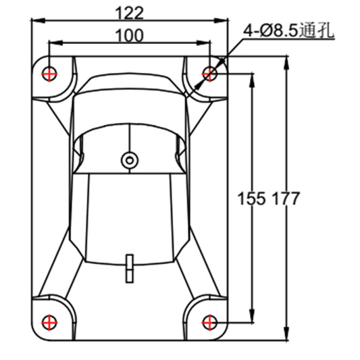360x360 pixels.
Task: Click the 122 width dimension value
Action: click(130, 14)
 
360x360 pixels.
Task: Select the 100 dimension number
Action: click(130, 36)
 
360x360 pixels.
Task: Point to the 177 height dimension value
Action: click(286, 199)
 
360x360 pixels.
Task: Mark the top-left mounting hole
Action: click(49, 74)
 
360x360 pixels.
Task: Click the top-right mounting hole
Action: click(209, 74)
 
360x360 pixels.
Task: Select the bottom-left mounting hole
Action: click(49, 323)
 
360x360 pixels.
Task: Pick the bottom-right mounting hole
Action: click(209, 323)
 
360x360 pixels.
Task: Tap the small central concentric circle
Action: click(130, 161)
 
